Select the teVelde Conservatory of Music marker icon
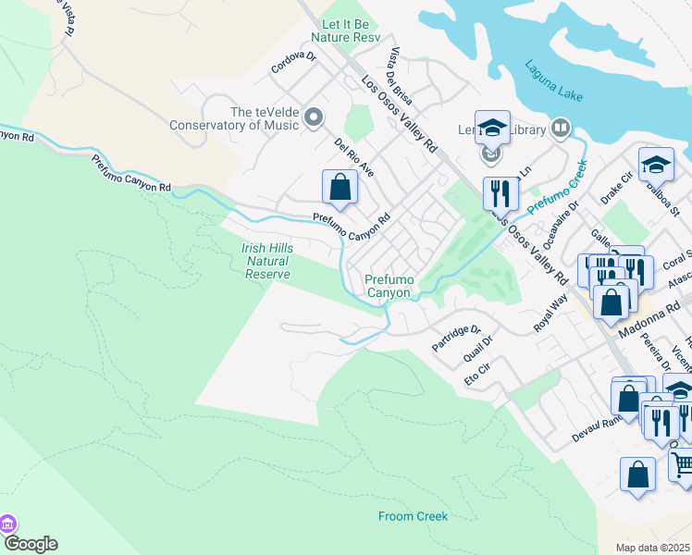tap(314, 117)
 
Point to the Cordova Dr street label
tap(293, 62)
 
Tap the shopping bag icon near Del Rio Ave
tap(340, 187)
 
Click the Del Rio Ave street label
tap(354, 157)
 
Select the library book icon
tap(560, 127)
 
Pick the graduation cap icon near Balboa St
tap(656, 165)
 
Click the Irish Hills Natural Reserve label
tap(267, 261)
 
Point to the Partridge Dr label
tap(457, 339)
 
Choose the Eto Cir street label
tap(476, 377)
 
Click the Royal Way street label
tap(550, 312)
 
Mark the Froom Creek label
tap(413, 516)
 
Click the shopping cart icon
tap(681, 462)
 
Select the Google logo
tap(30, 544)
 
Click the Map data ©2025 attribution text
tap(653, 548)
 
